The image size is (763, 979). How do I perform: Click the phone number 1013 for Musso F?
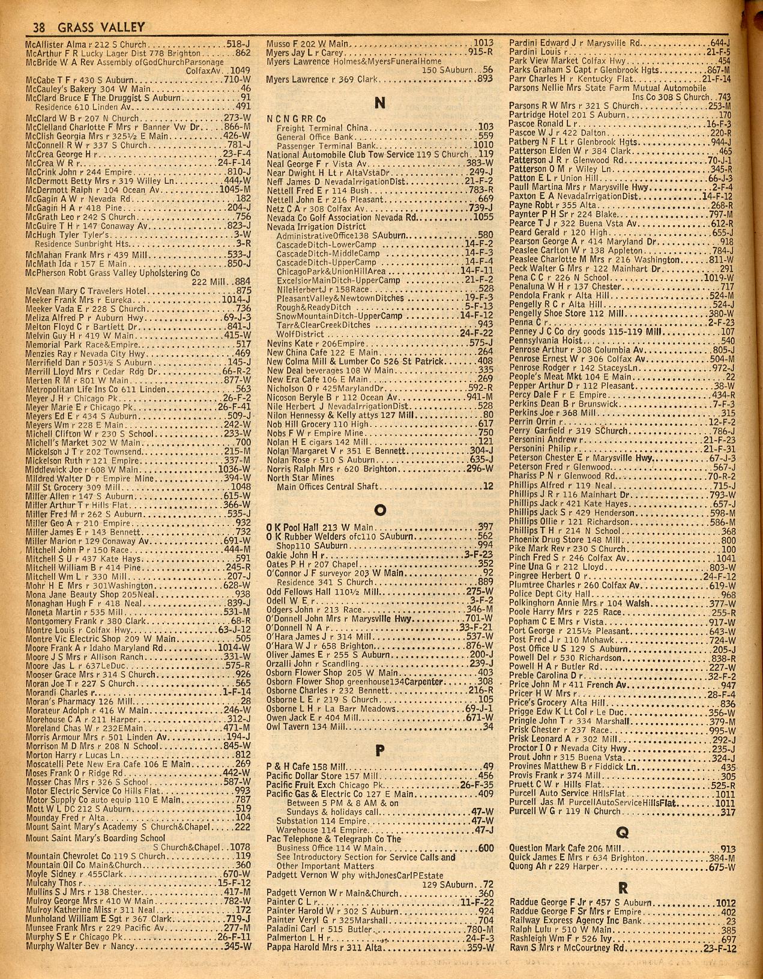click(x=483, y=43)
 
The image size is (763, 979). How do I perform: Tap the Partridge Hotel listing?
click(x=537, y=115)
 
